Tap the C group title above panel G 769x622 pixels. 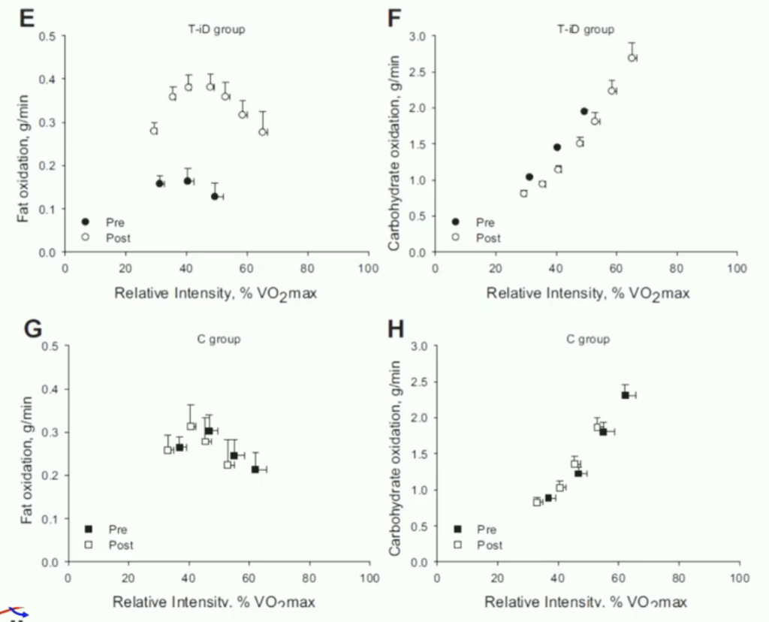pos(214,340)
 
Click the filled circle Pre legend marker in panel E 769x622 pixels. pos(85,222)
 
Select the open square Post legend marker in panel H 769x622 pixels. pos(458,545)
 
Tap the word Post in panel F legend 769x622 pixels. pos(489,238)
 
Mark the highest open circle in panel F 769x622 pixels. pos(632,58)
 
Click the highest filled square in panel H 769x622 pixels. pos(625,395)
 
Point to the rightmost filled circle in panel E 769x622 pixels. pos(215,196)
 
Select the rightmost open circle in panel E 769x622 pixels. pos(263,132)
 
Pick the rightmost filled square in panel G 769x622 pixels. pos(255,470)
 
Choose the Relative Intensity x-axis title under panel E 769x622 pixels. pos(216,292)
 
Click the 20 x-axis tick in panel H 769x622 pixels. pos(496,578)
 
